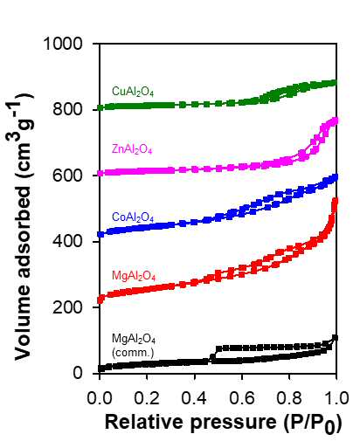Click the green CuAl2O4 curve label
133,92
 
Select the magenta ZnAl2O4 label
132,149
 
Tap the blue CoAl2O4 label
133,217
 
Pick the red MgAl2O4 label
134,276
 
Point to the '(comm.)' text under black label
133,353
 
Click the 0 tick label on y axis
78,373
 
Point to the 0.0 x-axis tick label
100,397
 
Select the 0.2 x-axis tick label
147,397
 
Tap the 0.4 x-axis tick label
194,397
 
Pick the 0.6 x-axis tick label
242,397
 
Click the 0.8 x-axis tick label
289,397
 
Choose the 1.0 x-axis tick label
336,397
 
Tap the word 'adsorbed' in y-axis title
23,230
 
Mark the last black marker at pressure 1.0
336,338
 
